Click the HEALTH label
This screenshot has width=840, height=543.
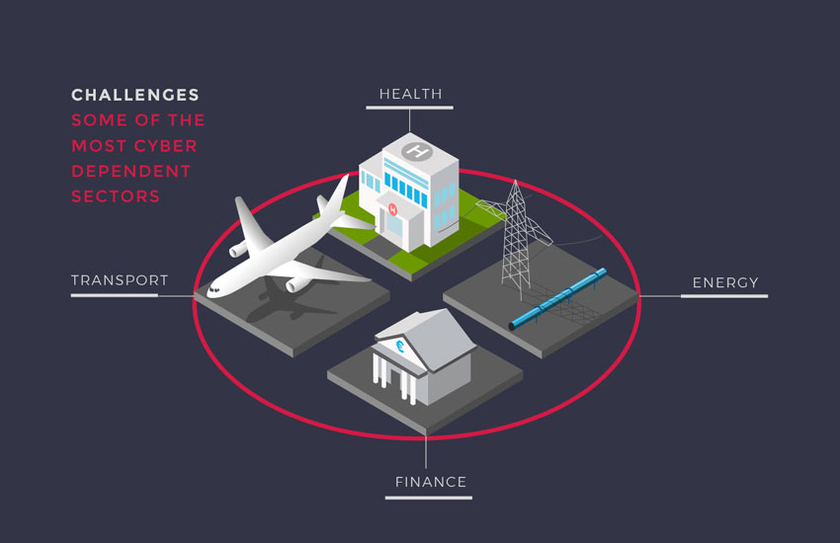[x=410, y=94]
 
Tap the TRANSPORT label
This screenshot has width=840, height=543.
[x=120, y=280]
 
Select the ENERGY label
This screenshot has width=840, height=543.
[x=725, y=282]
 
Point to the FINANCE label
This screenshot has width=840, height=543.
[x=431, y=482]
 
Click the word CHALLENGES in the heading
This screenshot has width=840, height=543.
[x=135, y=95]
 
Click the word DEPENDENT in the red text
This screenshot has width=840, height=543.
[x=131, y=171]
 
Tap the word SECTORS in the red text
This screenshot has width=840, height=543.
[x=116, y=196]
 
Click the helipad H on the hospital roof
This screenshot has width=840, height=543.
[x=417, y=152]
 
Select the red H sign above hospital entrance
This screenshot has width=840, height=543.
[x=392, y=209]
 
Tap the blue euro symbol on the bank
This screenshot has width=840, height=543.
[x=399, y=347]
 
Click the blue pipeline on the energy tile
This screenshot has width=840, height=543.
[x=557, y=298]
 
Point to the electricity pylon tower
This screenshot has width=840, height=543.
[x=516, y=237]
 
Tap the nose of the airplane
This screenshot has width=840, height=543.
[x=210, y=292]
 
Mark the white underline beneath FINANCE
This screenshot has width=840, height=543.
[x=429, y=498]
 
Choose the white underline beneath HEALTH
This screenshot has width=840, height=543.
[x=410, y=108]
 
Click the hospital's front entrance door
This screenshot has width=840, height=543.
[x=395, y=226]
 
